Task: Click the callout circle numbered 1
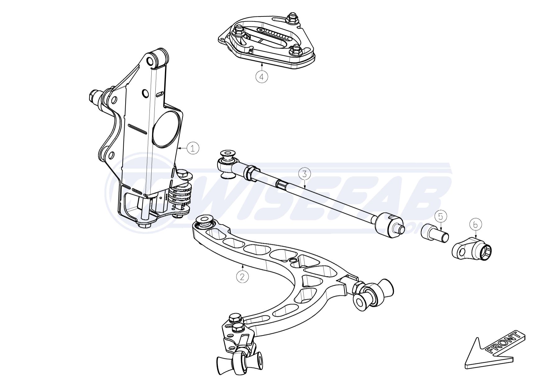[x=193, y=148]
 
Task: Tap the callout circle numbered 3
[x=305, y=174]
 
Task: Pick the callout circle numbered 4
[x=262, y=76]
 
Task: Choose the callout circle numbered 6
[x=476, y=224]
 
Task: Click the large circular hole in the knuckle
[x=167, y=129]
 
